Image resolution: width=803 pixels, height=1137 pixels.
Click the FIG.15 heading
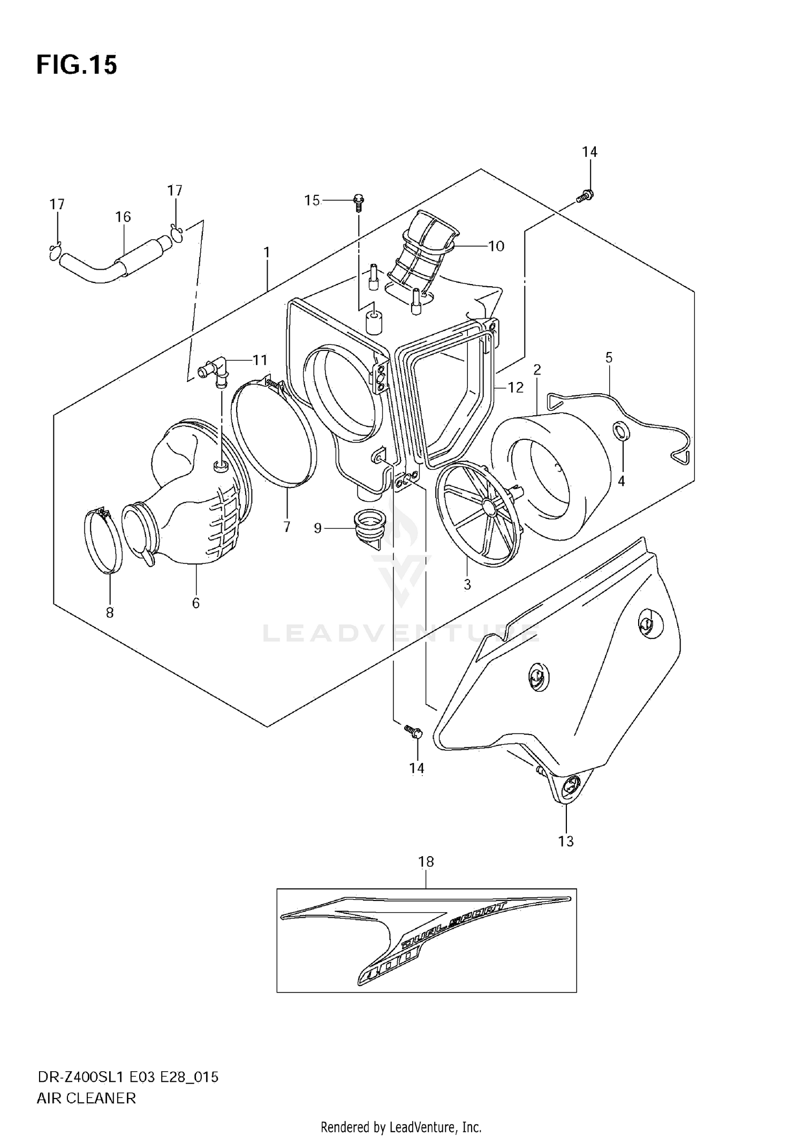(77, 65)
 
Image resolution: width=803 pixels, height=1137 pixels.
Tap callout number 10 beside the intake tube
(496, 246)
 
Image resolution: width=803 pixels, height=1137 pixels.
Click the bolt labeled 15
(358, 202)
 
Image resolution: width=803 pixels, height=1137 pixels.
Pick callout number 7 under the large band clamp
(287, 526)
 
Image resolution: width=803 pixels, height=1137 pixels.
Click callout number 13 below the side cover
(566, 841)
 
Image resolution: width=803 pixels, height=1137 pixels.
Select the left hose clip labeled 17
(55, 251)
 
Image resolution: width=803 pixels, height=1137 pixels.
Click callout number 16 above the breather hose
(123, 217)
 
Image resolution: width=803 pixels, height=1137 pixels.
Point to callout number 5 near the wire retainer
(609, 357)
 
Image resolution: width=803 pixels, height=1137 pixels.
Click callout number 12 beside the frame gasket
(515, 387)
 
